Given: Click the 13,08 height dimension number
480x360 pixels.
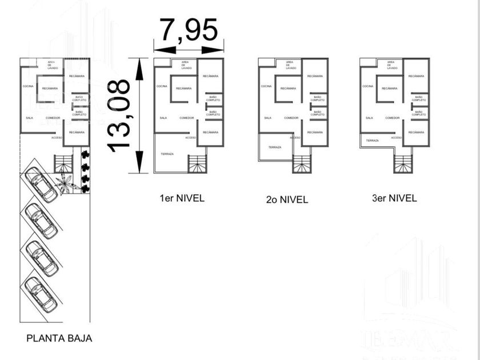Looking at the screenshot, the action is pyautogui.click(x=119, y=115).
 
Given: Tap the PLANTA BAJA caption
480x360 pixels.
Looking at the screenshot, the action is pyautogui.click(x=59, y=338).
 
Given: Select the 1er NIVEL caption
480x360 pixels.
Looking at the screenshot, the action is pyautogui.click(x=182, y=198).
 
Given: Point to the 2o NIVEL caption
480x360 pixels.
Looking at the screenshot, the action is pyautogui.click(x=287, y=199).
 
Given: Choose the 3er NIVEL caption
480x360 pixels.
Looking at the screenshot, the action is pyautogui.click(x=394, y=198).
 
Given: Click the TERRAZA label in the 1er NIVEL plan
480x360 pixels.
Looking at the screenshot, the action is pyautogui.click(x=167, y=154).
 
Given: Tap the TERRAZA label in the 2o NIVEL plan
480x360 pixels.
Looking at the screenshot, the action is pyautogui.click(x=275, y=147).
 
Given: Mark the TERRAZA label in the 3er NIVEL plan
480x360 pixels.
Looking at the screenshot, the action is pyautogui.click(x=373, y=140).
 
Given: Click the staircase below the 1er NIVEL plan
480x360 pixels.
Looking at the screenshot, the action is pyautogui.click(x=197, y=164).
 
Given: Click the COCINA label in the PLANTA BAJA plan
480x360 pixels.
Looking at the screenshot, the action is pyautogui.click(x=28, y=86).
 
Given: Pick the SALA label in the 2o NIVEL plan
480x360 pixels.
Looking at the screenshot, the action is pyautogui.click(x=267, y=118).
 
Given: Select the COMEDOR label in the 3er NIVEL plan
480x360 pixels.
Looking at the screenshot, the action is pyautogui.click(x=393, y=118).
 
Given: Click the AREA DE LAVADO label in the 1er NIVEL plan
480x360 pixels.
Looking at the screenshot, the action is pyautogui.click(x=185, y=65).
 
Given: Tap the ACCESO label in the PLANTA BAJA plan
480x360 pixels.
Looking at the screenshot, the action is pyautogui.click(x=57, y=137).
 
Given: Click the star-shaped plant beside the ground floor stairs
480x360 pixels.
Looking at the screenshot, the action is pyautogui.click(x=66, y=183).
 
